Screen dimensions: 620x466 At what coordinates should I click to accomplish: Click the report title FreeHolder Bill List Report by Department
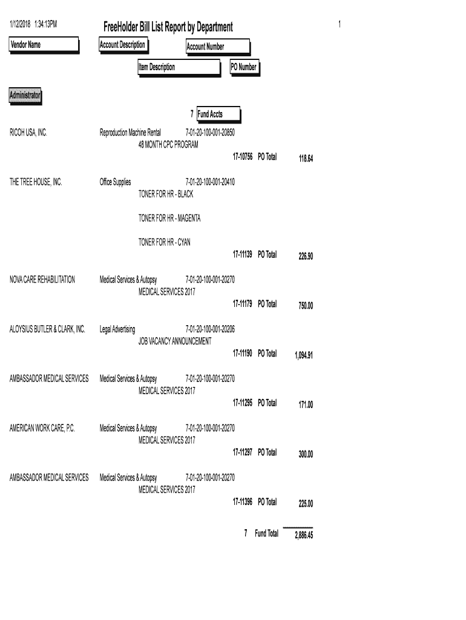(x=168, y=27)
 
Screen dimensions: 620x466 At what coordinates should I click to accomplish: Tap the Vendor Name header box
(x=44, y=45)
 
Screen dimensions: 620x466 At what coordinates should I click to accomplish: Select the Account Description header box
(x=122, y=45)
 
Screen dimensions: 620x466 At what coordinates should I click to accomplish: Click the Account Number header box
(x=217, y=47)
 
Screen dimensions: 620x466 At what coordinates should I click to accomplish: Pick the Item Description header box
(x=178, y=68)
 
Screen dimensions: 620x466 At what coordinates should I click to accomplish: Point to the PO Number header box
(x=244, y=68)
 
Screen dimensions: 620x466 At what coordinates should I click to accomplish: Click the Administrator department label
(x=25, y=96)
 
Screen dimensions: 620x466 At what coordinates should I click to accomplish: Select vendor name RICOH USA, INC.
(x=28, y=133)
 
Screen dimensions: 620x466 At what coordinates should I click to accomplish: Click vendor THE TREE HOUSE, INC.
(x=36, y=182)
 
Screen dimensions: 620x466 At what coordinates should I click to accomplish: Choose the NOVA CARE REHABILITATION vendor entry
(x=42, y=280)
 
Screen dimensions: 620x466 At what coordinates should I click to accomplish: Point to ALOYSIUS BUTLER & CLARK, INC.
(x=47, y=329)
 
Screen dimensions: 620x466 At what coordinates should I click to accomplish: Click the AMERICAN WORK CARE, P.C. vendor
(x=42, y=428)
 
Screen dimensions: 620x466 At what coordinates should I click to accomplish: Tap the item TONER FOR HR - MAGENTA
(x=169, y=218)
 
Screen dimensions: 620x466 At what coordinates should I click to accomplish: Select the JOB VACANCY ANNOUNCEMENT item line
(x=175, y=341)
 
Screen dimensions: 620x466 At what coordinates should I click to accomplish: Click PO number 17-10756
(x=242, y=157)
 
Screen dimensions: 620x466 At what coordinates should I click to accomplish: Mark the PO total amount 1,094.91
(x=303, y=355)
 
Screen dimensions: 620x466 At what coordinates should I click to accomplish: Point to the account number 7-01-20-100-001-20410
(x=209, y=182)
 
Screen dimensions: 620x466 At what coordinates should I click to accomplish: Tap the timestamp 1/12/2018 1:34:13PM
(x=33, y=24)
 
